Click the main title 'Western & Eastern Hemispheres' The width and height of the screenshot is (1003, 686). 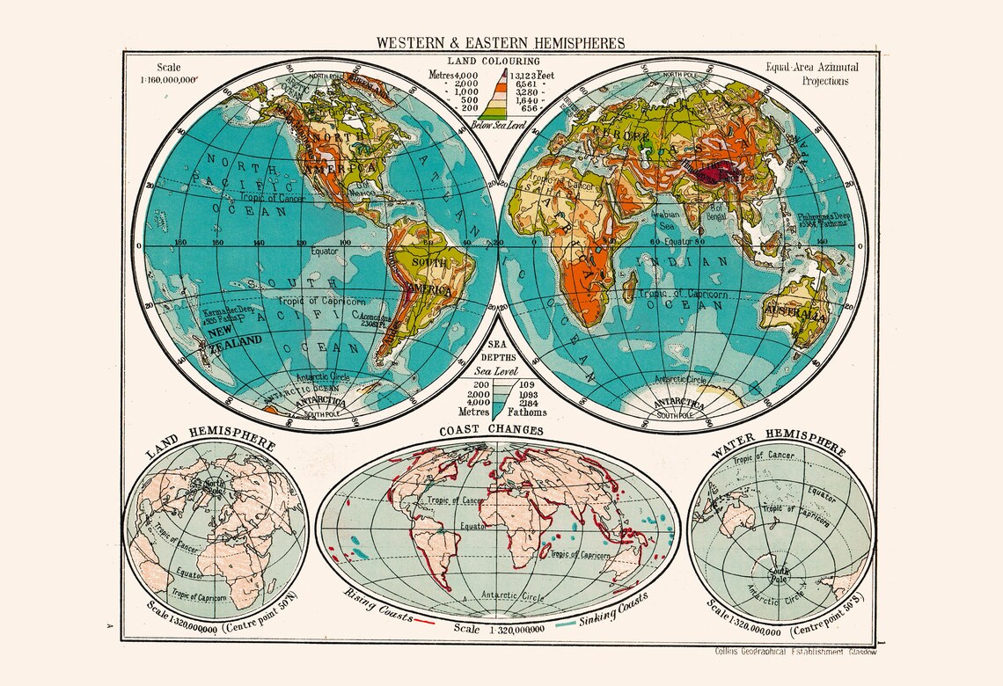coord(501,42)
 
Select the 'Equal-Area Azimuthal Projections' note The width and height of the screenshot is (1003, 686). coord(812,74)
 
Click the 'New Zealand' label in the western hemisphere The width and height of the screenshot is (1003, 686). coord(234,335)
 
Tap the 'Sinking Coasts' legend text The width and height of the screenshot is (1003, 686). coord(612,608)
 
